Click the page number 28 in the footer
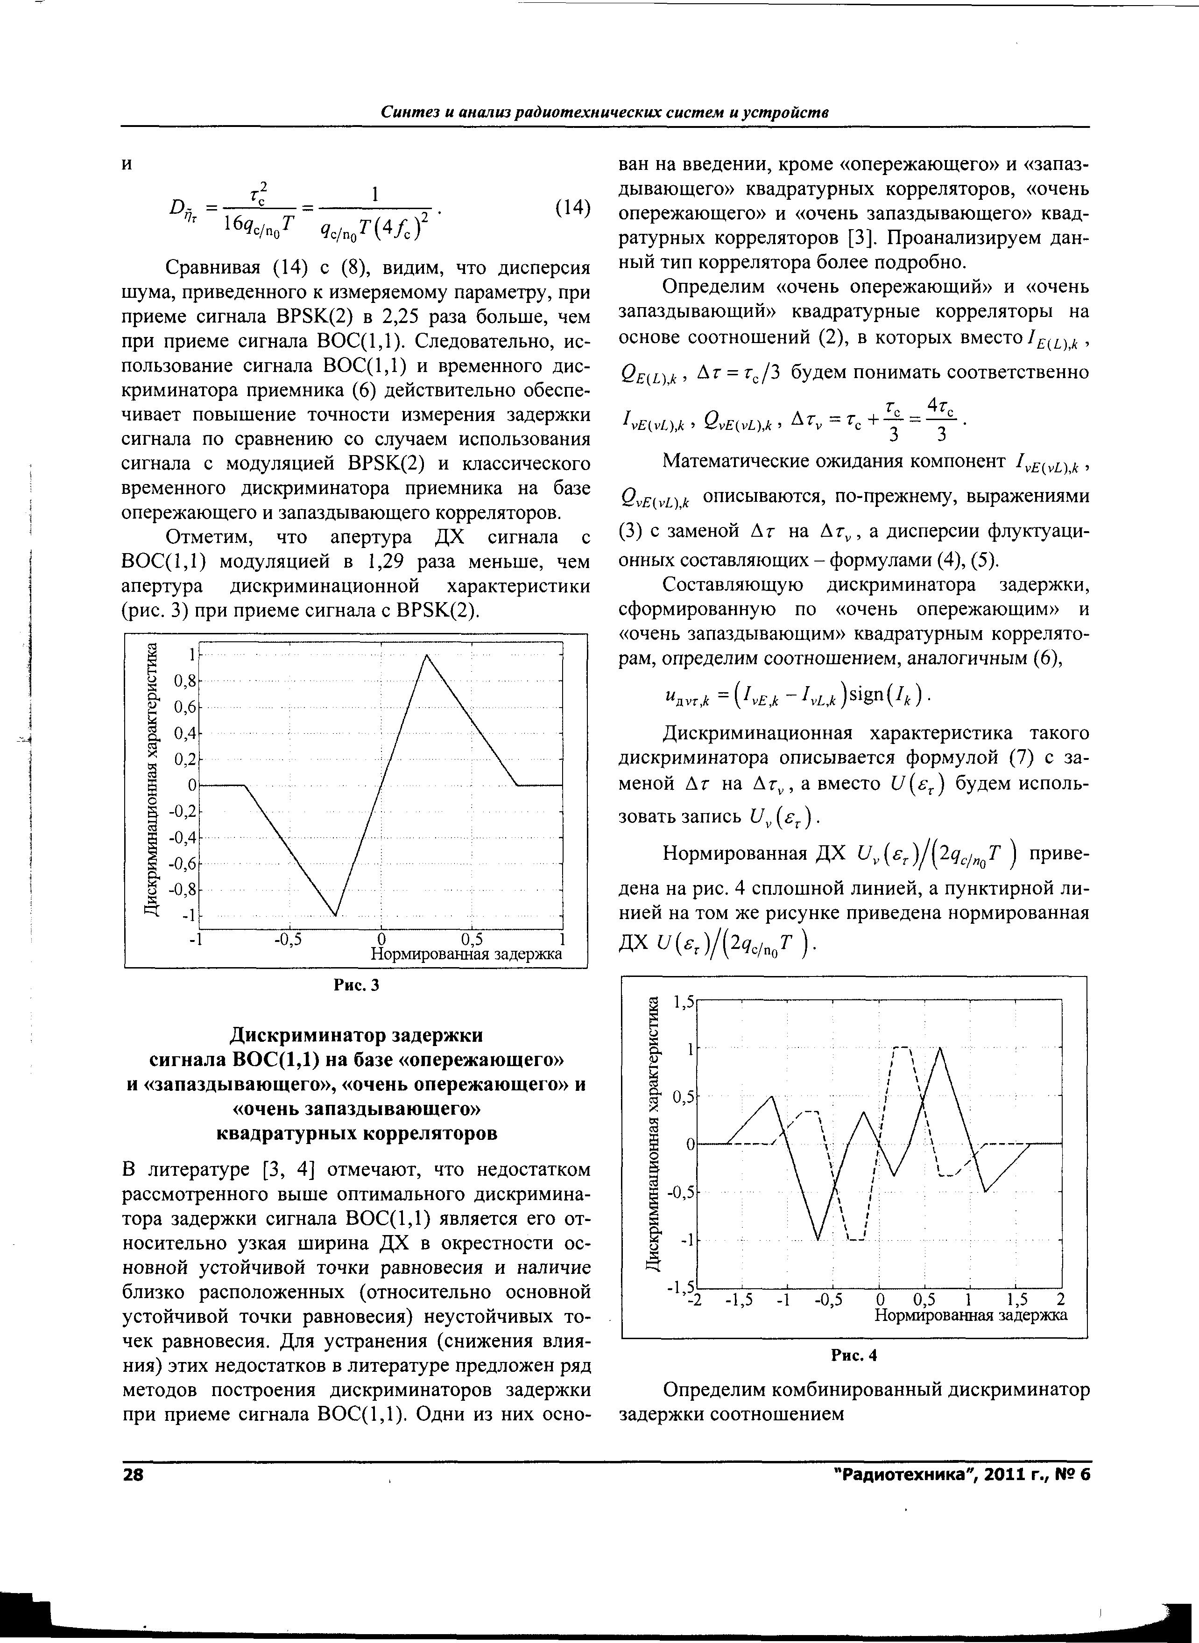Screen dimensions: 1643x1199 click(x=134, y=1475)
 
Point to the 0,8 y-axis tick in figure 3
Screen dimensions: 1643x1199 click(x=185, y=681)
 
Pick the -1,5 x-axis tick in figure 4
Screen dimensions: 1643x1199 click(x=740, y=1299)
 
